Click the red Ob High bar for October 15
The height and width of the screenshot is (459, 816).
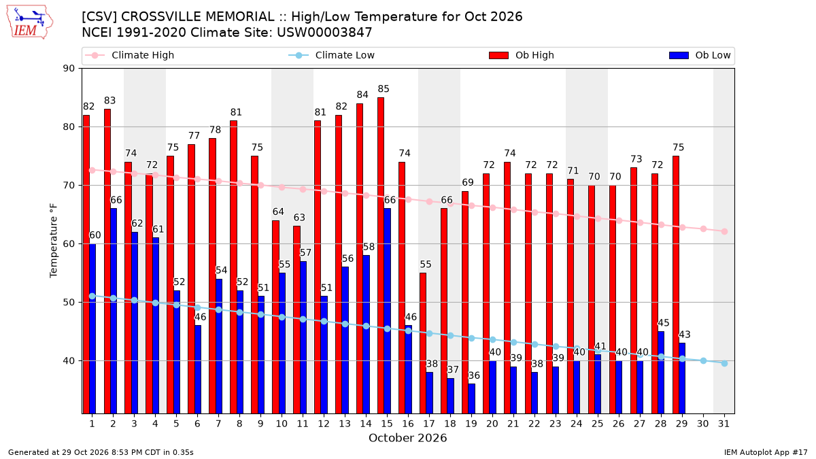(x=381, y=256)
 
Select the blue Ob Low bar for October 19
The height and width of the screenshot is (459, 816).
(x=472, y=398)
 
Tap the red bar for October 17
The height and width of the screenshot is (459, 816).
(x=423, y=343)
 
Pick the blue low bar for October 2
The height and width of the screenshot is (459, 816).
(x=114, y=311)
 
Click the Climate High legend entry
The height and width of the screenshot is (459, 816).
(x=130, y=55)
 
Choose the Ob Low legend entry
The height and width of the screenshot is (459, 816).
(x=700, y=55)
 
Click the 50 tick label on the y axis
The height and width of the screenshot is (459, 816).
(x=69, y=303)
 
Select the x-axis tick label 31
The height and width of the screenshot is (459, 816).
(x=724, y=424)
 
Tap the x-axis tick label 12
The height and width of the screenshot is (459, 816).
(x=324, y=424)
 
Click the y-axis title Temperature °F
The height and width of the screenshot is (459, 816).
(x=54, y=241)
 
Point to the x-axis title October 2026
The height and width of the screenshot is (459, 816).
(x=407, y=438)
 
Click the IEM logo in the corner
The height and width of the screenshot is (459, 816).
(x=30, y=22)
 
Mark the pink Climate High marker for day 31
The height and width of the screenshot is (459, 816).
(x=724, y=231)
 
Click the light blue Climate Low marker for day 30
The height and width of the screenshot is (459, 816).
(x=703, y=360)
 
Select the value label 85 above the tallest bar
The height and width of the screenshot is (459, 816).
(x=384, y=89)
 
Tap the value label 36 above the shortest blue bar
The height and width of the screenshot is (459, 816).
(x=474, y=375)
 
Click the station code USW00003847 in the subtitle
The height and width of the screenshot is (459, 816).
(x=324, y=33)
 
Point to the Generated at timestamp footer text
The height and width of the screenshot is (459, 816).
(x=101, y=452)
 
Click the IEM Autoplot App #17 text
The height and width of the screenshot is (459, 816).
(x=766, y=452)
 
